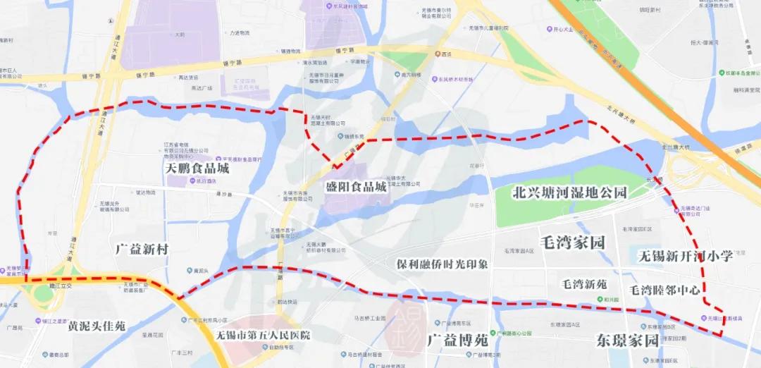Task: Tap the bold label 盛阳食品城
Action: (356, 188)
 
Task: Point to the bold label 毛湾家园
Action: (571, 243)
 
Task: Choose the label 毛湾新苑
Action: (583, 284)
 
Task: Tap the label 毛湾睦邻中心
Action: (664, 290)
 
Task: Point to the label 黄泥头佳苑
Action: (96, 326)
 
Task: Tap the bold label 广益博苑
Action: (457, 340)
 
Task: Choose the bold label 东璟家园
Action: (627, 340)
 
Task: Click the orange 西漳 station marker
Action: (435, 54)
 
